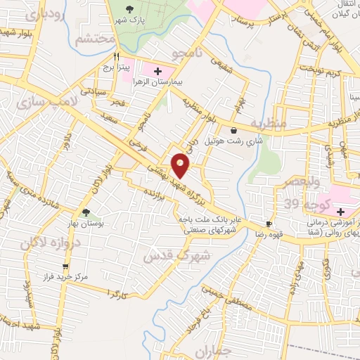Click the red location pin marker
[181, 166]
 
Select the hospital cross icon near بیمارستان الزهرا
[157, 71]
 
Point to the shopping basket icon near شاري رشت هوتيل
[233, 129]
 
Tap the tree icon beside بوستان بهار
[86, 212]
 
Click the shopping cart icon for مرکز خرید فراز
[66, 266]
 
